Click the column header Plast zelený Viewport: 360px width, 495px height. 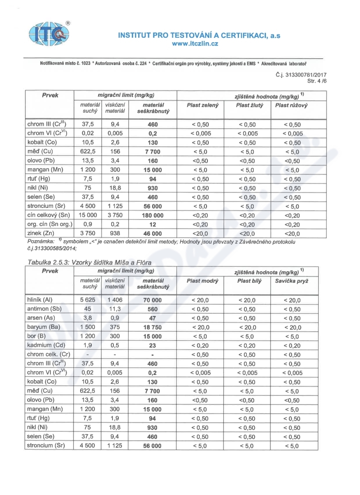pos(202,105)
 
